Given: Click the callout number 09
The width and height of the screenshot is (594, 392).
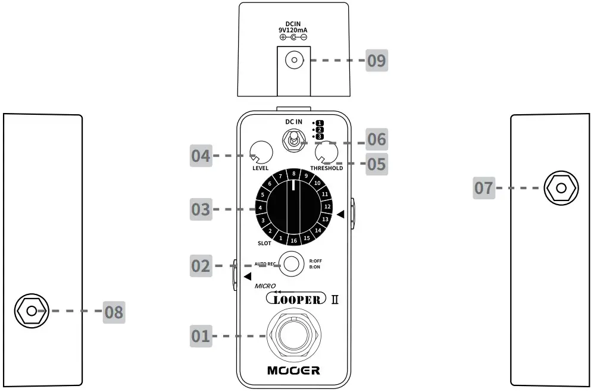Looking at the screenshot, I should click(x=376, y=60).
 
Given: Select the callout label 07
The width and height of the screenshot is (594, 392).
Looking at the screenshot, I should click(x=484, y=189).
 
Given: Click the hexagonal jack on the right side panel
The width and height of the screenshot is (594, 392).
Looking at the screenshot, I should click(x=560, y=189).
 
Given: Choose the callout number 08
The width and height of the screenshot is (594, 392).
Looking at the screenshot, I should click(x=114, y=311).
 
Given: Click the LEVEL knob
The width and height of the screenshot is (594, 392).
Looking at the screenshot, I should click(x=261, y=152).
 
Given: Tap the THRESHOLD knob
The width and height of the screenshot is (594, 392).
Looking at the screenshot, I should click(x=327, y=152).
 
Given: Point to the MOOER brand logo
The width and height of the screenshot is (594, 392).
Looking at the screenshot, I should click(x=293, y=371).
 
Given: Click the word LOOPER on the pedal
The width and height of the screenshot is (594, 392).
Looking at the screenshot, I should click(x=296, y=299).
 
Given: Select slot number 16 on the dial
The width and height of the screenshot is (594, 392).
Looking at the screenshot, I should click(x=293, y=241).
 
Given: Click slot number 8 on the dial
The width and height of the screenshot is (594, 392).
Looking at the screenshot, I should click(x=293, y=174).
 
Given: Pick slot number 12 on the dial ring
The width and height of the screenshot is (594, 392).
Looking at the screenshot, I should click(x=327, y=206).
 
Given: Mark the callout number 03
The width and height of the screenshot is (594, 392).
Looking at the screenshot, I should click(x=200, y=209).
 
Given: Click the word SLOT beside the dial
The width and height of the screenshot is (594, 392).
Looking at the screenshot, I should click(x=264, y=243).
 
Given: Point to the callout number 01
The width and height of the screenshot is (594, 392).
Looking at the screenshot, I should click(x=201, y=336).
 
